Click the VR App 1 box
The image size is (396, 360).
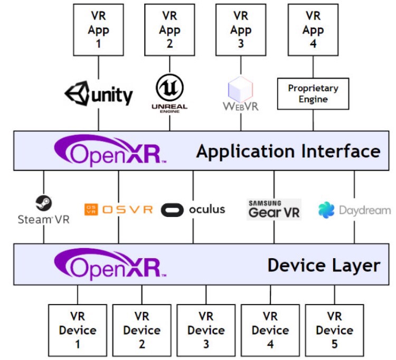[x=98, y=30]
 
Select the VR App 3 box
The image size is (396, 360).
[x=241, y=30]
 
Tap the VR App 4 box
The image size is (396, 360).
[x=313, y=30]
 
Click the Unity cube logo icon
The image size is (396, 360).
[x=77, y=93]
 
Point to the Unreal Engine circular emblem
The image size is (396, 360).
[x=169, y=87]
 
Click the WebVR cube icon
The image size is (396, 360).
[x=240, y=89]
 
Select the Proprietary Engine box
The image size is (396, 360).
[x=313, y=93]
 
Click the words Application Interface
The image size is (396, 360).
[x=288, y=151]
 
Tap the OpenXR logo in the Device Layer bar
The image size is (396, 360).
[x=110, y=264]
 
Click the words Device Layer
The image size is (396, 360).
[x=324, y=265]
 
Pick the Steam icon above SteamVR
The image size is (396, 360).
[x=44, y=203]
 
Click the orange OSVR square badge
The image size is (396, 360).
[x=91, y=210]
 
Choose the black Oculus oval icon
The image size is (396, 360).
[x=172, y=210]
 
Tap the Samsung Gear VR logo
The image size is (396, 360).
[x=274, y=209]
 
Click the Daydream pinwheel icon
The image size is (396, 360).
[x=326, y=210]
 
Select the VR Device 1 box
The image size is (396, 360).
[x=78, y=330]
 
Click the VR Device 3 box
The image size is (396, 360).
[x=206, y=330]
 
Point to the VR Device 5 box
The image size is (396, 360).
[x=334, y=330]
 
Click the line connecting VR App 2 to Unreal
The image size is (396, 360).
[x=169, y=64]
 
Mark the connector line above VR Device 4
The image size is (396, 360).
[x=270, y=295]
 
